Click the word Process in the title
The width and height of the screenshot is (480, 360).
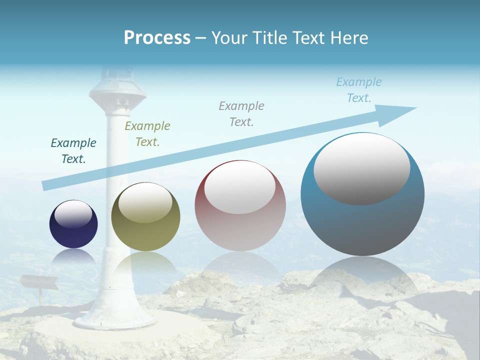pyautogui.click(x=157, y=37)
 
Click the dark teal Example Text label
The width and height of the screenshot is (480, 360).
pyautogui.click(x=73, y=151)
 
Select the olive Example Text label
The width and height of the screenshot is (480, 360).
pyautogui.click(x=147, y=133)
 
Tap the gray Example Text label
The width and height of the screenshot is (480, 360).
pyautogui.click(x=241, y=113)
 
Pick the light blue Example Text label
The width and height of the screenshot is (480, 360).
pyautogui.click(x=359, y=90)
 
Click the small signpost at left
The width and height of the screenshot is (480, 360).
pyautogui.click(x=38, y=283)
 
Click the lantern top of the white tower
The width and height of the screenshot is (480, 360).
pyautogui.click(x=117, y=87)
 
